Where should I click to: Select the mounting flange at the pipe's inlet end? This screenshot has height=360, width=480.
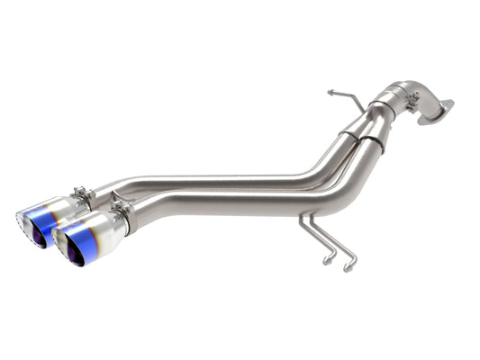tap(436, 111)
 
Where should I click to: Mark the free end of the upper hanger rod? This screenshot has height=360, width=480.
tap(331, 92)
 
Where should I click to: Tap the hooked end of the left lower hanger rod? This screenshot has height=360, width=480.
tap(328, 260)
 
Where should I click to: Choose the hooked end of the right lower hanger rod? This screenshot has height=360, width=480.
tap(347, 267)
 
